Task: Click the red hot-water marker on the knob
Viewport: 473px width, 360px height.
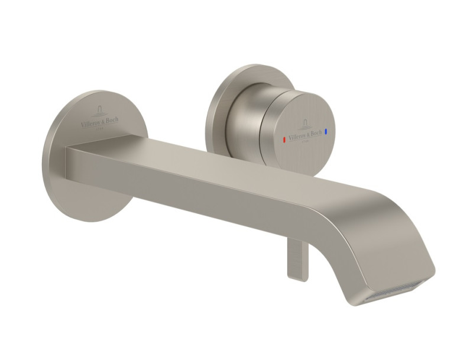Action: pyautogui.click(x=284, y=139)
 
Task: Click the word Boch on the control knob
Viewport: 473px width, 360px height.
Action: pyautogui.click(x=315, y=129)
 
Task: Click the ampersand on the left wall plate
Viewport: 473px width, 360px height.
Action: pyautogui.click(x=103, y=121)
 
